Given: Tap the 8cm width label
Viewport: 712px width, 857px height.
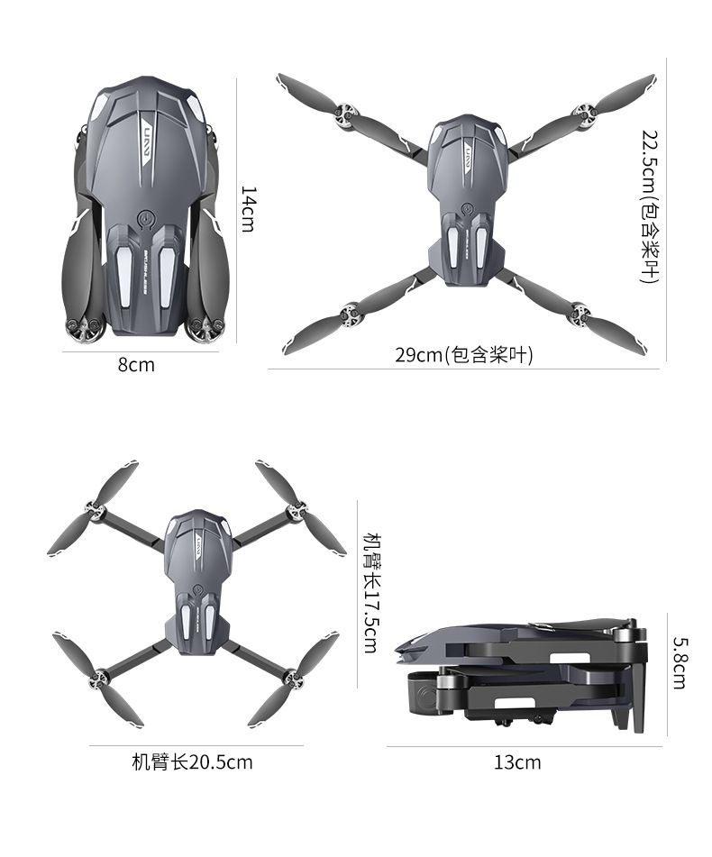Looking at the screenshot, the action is click(x=136, y=365).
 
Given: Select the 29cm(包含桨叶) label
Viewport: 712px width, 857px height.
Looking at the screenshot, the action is click(x=464, y=355).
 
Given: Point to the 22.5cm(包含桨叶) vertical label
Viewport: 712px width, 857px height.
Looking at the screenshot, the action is click(x=651, y=205).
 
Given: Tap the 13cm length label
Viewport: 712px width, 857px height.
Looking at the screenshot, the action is click(x=517, y=763).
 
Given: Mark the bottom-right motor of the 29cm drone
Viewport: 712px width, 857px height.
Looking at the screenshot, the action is click(x=580, y=315).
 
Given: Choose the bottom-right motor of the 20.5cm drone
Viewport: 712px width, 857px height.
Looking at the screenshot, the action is click(x=290, y=675).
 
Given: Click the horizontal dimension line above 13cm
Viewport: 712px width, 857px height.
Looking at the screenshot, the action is click(x=524, y=746).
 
